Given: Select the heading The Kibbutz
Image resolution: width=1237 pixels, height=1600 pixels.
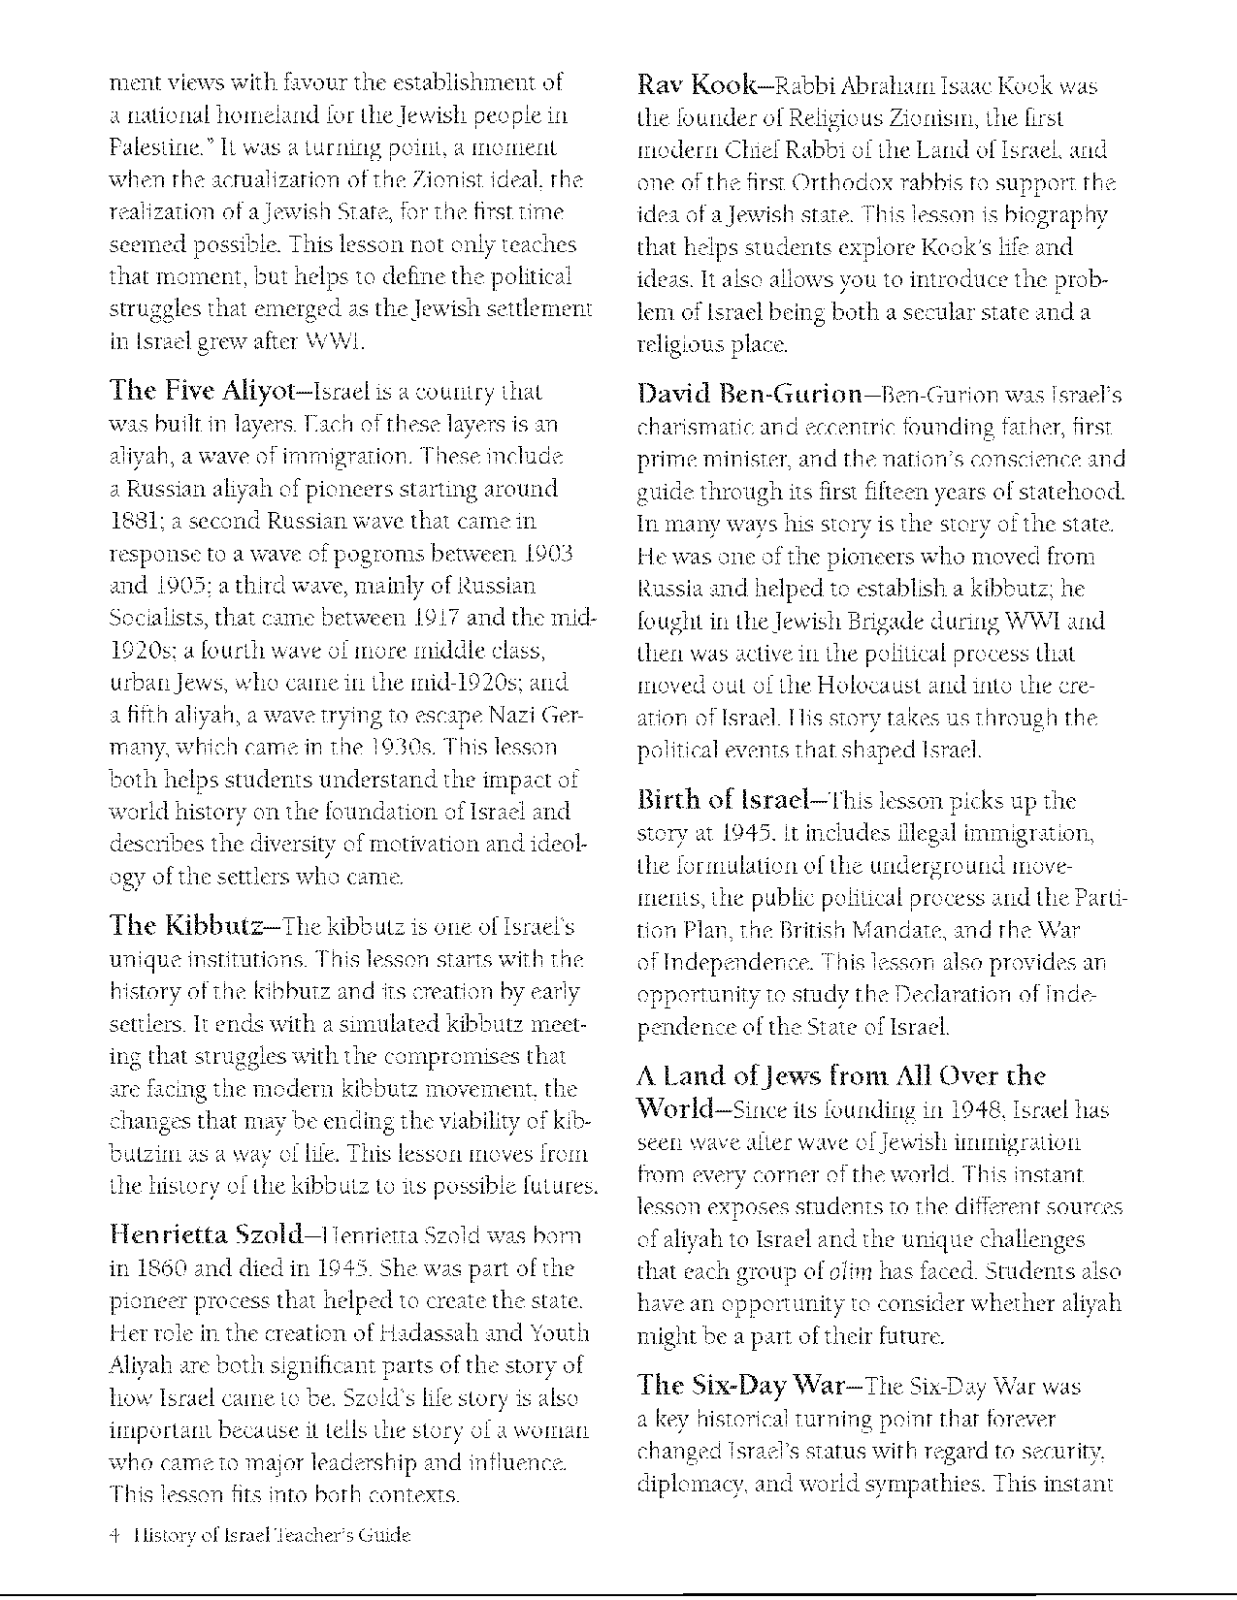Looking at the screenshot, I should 186,925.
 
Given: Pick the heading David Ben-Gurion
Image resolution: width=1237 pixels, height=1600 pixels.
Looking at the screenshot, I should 750,396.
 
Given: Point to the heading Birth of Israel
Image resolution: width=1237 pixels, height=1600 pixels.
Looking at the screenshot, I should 723,801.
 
